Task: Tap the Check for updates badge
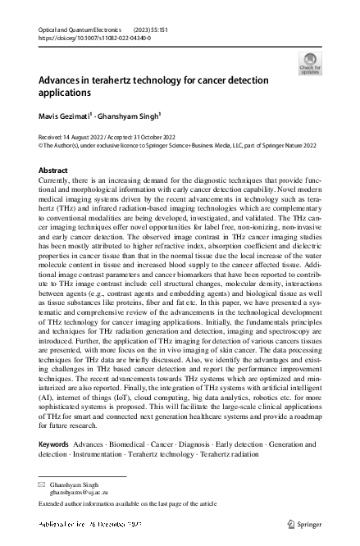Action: pyautogui.click(x=310, y=63)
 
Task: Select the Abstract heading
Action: pyautogui.click(x=54, y=170)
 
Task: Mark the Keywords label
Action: pyautogui.click(x=54, y=444)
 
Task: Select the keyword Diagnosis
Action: pyautogui.click(x=197, y=444)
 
